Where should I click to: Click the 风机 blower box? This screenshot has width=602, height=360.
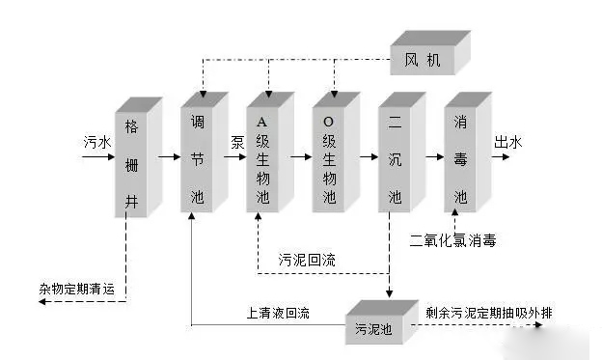pyautogui.click(x=430, y=53)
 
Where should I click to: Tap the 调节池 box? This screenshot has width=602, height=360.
pyautogui.click(x=205, y=152)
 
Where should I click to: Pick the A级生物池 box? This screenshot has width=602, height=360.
pyautogui.click(x=270, y=152)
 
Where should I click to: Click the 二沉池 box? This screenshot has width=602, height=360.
pyautogui.click(x=402, y=152)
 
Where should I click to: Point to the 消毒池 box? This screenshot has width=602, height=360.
pyautogui.click(x=468, y=152)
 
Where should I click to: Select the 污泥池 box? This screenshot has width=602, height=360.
pyautogui.click(x=382, y=322)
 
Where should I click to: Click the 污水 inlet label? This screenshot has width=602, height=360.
pyautogui.click(x=97, y=142)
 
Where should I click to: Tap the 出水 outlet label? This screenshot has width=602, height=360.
pyautogui.click(x=507, y=142)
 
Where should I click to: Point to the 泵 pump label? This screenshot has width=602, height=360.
pyautogui.click(x=237, y=142)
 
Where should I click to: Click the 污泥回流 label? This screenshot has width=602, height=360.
pyautogui.click(x=307, y=260)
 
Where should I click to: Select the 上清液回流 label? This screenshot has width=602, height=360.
pyautogui.click(x=278, y=313)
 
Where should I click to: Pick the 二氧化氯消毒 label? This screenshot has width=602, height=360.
pyautogui.click(x=452, y=240)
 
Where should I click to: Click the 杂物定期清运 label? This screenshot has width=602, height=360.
pyautogui.click(x=77, y=289)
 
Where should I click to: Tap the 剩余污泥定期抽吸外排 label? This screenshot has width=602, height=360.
pyautogui.click(x=489, y=313)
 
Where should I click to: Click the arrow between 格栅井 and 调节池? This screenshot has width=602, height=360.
pyautogui.click(x=170, y=156)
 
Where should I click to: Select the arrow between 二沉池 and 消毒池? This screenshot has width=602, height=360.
pyautogui.click(x=434, y=156)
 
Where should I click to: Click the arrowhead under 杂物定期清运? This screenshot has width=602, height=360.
pyautogui.click(x=42, y=301)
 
